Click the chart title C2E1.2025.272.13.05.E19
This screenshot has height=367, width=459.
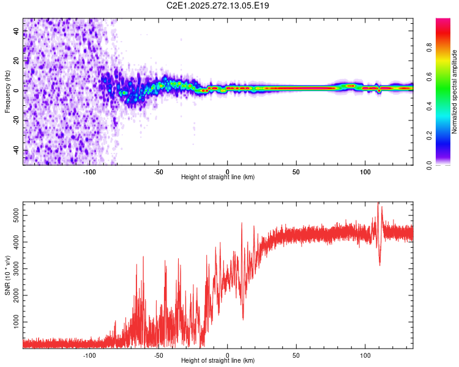[218, 6]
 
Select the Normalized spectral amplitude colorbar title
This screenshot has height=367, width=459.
[455, 92]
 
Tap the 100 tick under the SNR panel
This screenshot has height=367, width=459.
[365, 354]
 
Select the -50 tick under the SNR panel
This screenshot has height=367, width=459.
[159, 354]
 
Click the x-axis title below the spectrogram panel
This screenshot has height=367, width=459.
[218, 177]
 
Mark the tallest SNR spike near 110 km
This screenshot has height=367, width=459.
[378, 204]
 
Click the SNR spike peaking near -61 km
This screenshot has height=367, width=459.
[143, 258]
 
